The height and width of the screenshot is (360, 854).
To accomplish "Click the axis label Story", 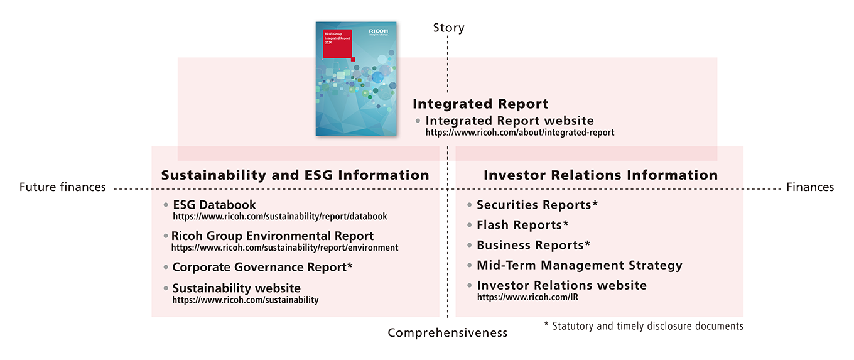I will (448, 28).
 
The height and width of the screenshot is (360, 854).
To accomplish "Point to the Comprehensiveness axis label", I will (447, 333).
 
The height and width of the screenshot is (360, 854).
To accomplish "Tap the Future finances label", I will (62, 187).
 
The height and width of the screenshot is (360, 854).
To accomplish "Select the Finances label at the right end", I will (809, 187).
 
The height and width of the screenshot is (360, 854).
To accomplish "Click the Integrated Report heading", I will (480, 104).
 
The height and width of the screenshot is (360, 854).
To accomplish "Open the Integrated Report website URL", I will (519, 133).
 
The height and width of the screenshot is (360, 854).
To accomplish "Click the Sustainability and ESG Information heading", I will (295, 175).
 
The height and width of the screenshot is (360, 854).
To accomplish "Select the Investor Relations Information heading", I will (600, 175).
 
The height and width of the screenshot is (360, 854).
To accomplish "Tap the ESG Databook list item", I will (214, 205).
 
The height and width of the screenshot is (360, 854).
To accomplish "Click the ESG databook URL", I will (279, 217).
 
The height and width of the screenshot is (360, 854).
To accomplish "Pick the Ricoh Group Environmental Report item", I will (273, 236).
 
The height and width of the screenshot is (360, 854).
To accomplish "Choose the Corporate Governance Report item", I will (262, 267).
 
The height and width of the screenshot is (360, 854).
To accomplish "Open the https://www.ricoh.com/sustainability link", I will (245, 300).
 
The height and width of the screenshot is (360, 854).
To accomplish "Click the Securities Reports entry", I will (537, 205).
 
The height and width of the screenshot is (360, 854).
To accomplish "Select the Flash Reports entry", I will (522, 225).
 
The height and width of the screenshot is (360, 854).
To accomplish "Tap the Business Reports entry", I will (534, 245).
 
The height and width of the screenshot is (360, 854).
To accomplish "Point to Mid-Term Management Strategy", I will (579, 265).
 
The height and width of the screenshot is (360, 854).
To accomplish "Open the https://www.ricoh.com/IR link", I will (527, 297).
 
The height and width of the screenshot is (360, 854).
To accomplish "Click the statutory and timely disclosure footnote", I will (644, 326).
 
